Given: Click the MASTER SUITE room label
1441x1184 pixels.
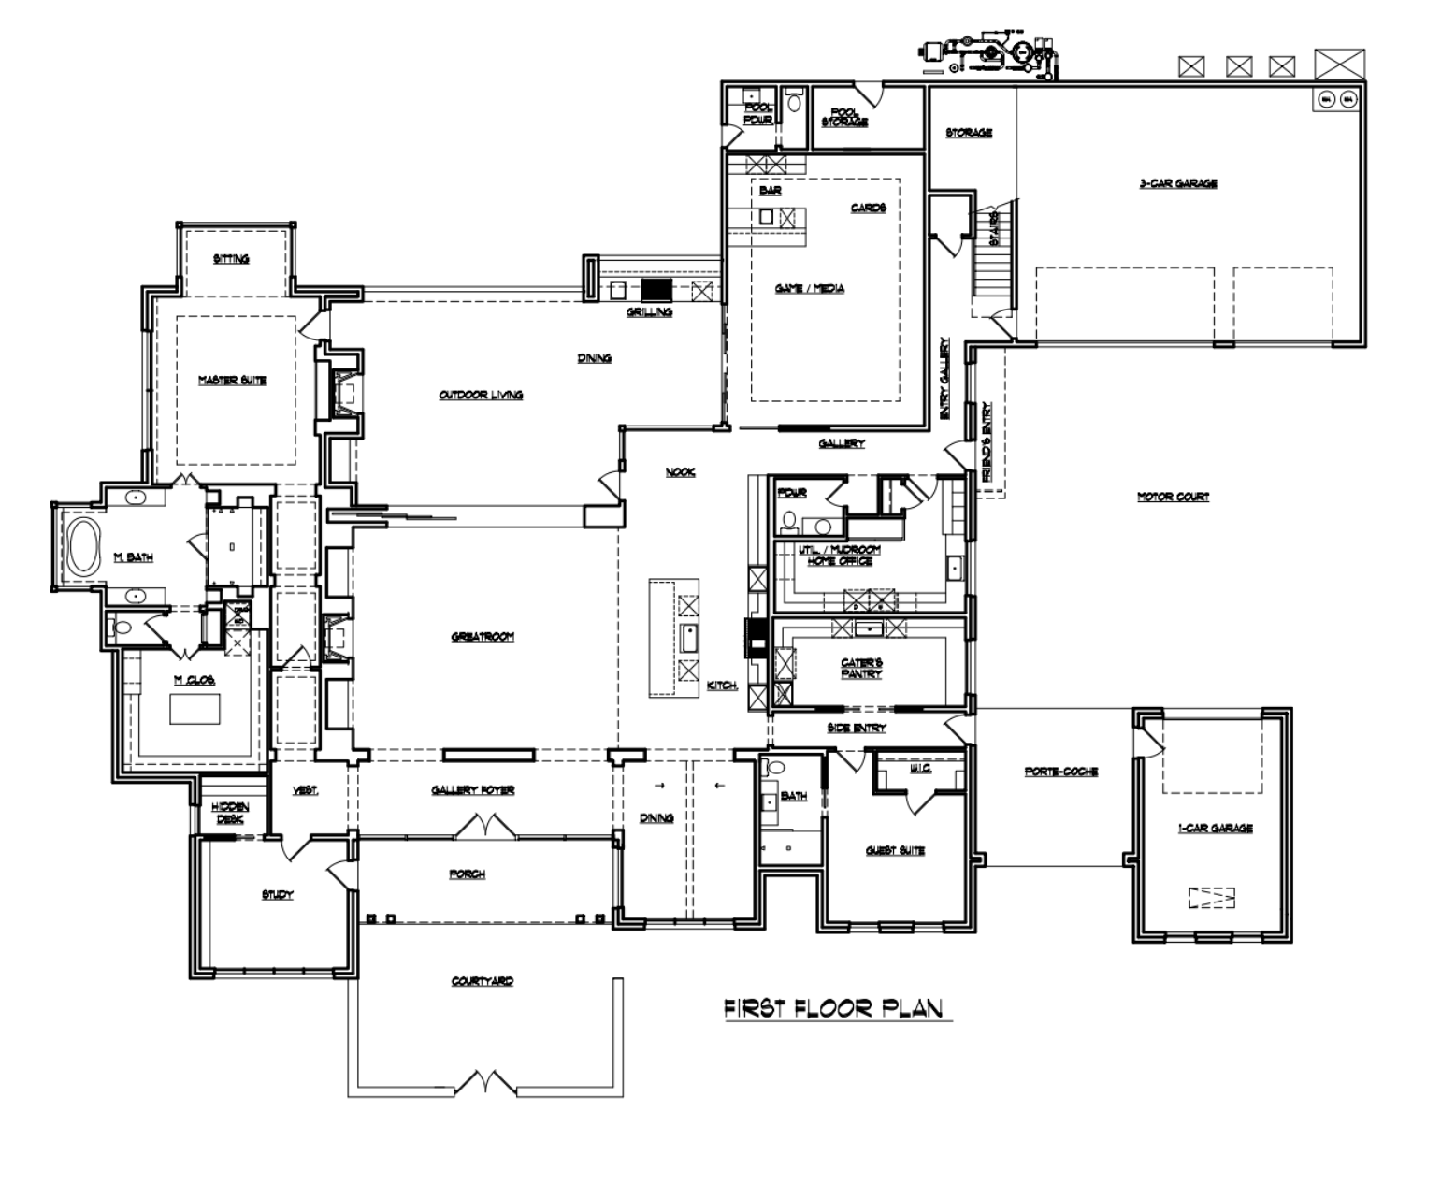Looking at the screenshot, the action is point(231,380).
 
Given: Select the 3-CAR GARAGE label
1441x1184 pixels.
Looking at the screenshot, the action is point(1177,183).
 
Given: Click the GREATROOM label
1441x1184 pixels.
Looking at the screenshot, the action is point(483,637).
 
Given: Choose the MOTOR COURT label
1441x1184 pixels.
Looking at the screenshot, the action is point(1173,497).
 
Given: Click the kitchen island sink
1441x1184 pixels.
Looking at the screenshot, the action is point(688,639).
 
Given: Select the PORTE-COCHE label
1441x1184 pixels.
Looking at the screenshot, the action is point(1060,772).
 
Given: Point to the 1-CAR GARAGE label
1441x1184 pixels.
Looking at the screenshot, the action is point(1215,828).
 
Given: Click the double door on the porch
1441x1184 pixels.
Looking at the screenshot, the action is point(483,826).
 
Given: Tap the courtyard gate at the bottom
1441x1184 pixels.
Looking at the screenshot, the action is point(483,1085).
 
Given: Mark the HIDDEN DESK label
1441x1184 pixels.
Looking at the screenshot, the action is point(229,812).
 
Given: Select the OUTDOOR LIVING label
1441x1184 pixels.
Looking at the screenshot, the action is point(481,395).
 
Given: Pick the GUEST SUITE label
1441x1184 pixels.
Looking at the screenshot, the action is point(895,850).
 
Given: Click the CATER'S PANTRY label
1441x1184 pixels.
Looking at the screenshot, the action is point(861,668).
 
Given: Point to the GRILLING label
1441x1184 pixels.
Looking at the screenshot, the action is point(649,311).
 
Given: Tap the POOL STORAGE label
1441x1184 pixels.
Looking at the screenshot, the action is point(844,116).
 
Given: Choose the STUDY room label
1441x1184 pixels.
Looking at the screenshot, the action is point(278,895).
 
